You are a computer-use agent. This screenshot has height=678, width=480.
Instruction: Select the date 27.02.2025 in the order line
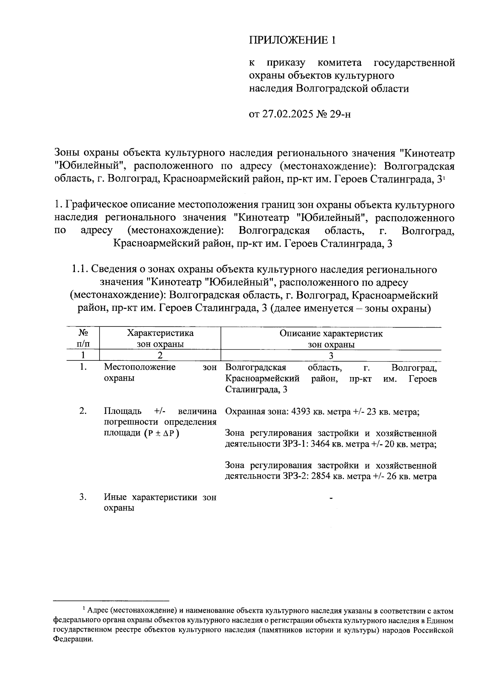288,114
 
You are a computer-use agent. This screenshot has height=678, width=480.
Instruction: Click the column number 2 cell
160,355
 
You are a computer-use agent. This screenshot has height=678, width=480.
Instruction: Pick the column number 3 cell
331,355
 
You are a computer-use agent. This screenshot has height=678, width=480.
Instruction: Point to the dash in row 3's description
331,498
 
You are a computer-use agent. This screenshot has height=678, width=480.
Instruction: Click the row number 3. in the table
83,497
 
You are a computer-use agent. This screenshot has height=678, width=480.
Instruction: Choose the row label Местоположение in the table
140,367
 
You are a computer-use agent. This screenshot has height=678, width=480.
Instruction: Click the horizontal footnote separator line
111,600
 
